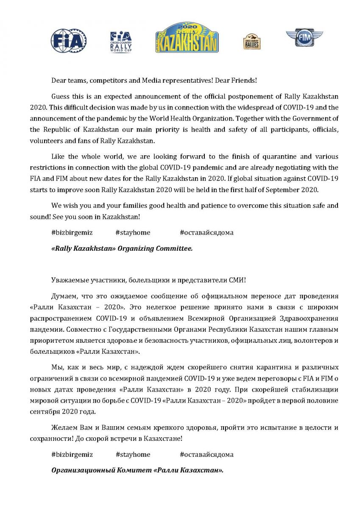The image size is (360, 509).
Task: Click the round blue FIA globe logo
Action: click(69, 41)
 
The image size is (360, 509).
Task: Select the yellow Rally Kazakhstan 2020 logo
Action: click(187, 38)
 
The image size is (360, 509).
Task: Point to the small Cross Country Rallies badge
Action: click(252, 42)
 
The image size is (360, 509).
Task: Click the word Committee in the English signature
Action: click(174, 249)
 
